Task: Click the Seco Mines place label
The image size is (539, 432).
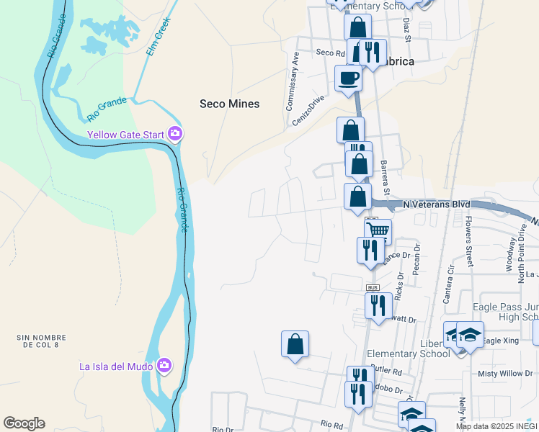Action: pos(229,104)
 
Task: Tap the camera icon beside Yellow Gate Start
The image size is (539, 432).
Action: pos(174,134)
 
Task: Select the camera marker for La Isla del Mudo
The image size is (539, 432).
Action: pos(164,366)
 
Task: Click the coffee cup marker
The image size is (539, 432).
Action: pos(349,78)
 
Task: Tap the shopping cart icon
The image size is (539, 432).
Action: pos(378,231)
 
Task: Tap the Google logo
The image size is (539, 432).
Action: pos(24,423)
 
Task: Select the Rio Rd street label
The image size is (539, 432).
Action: pos(332,425)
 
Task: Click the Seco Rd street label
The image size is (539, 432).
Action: pos(331,53)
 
